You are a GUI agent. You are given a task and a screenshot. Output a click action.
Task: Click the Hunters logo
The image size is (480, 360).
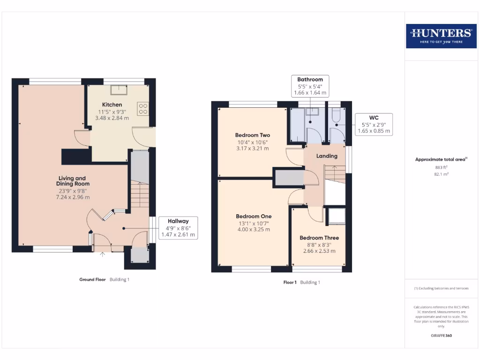tap(441, 36)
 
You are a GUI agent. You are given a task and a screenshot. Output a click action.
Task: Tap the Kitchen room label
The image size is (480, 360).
tap(112, 105)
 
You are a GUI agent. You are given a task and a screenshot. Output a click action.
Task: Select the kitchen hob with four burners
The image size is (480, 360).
tap(143, 109)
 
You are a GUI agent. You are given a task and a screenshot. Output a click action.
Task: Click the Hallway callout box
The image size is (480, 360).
tap(178, 228)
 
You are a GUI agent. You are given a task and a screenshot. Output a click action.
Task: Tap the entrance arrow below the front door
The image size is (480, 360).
tap(103, 255)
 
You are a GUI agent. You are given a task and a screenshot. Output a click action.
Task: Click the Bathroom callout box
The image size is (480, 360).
tap(310, 86)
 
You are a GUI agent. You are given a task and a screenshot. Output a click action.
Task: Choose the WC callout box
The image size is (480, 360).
tap(374, 124)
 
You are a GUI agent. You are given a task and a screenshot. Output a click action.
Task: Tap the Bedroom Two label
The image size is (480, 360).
tap(253, 135)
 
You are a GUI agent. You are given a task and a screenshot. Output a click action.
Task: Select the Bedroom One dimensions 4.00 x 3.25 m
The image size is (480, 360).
tap(253, 230)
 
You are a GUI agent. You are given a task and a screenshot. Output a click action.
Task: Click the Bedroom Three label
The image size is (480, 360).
tap(319, 238)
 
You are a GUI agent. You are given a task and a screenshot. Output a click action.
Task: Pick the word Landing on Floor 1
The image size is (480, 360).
tap(327, 156)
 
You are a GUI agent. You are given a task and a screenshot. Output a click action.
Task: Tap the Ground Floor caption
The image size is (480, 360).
tap(92, 279)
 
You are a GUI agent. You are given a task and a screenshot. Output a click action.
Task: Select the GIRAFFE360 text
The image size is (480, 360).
tap(441, 336)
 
